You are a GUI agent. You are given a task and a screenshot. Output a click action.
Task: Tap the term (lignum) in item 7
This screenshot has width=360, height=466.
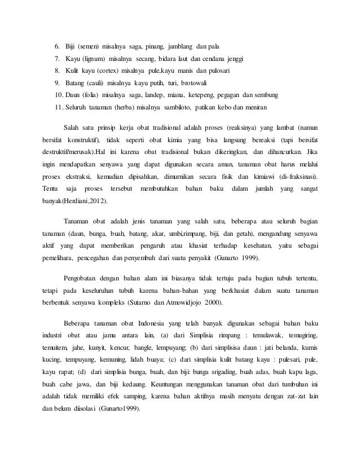coord(97,59)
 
